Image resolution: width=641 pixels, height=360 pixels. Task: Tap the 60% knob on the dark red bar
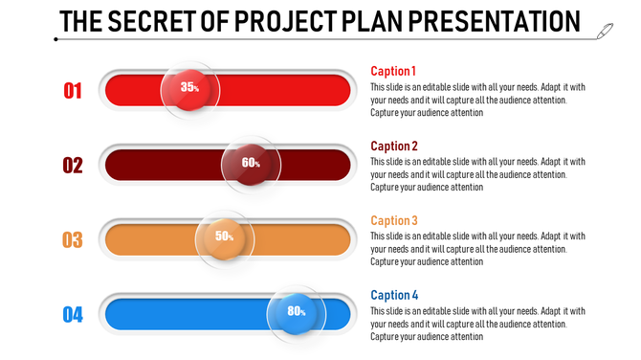click(251, 164)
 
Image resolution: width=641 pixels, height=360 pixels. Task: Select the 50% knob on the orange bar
click(224, 237)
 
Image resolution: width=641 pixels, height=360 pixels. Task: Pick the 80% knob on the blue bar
click(296, 312)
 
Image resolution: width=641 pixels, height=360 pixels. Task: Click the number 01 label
click(73, 91)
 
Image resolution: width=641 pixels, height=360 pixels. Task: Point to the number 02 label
click(73, 166)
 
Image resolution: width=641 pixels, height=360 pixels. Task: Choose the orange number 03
click(73, 239)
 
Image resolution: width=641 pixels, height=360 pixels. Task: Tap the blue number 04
click(73, 314)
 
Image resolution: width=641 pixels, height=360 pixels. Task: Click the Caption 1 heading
click(393, 71)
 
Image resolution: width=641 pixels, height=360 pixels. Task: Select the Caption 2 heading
click(394, 146)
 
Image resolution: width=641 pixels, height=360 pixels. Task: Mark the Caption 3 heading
click(394, 220)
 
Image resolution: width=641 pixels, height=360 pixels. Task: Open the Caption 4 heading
click(394, 295)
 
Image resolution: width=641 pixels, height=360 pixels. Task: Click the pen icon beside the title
click(605, 32)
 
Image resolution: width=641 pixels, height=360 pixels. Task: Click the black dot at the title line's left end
click(56, 39)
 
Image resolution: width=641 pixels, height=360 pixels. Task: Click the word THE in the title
click(81, 21)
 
